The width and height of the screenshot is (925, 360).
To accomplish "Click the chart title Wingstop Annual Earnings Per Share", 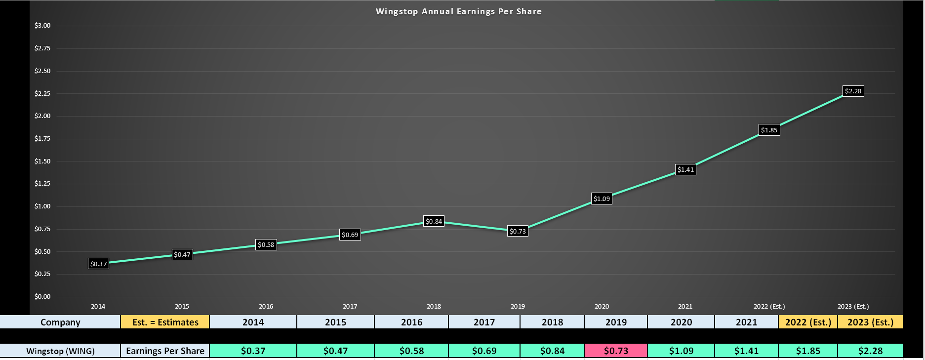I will click(x=458, y=11).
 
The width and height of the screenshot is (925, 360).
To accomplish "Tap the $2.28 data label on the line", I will click(x=853, y=91).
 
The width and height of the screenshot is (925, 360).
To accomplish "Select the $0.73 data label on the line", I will click(x=518, y=231).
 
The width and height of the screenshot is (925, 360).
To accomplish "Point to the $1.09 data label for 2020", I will click(x=602, y=199).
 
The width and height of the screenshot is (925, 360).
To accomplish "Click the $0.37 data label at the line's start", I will click(x=98, y=264).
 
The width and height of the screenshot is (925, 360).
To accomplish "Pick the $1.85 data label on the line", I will click(x=769, y=130).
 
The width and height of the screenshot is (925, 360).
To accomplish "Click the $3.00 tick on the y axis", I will click(x=42, y=26).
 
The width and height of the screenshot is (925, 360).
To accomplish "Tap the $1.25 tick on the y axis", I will click(x=42, y=184).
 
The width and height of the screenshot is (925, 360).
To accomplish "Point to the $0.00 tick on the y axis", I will click(x=42, y=297).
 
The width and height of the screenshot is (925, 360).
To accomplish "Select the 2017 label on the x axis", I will click(x=350, y=306).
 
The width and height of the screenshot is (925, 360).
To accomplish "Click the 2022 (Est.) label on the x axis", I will click(x=769, y=306).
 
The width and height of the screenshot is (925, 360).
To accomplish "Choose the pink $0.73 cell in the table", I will click(x=616, y=351).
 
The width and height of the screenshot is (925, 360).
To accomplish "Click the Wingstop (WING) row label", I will click(x=60, y=351).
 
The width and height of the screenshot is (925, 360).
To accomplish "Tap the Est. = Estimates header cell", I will click(x=165, y=322).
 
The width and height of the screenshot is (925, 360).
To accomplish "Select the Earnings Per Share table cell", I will click(x=165, y=351).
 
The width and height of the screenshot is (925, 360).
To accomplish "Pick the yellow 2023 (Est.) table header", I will click(x=870, y=322).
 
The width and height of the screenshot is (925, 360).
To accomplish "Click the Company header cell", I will click(x=60, y=322).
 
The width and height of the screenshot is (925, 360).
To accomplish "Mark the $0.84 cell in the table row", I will click(x=552, y=351).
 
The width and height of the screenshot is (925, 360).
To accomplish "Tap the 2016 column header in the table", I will click(x=411, y=322).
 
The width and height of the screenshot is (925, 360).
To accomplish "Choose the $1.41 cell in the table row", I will click(x=746, y=351).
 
